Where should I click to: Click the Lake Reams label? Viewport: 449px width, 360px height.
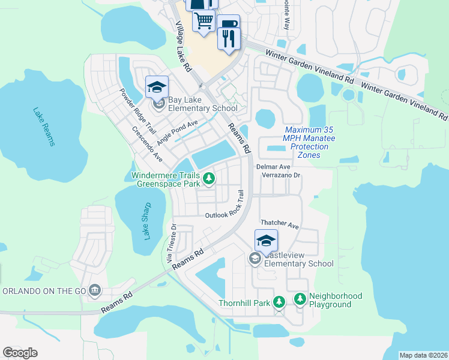tap(44, 127)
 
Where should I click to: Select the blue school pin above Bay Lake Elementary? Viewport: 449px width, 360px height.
tap(157, 88)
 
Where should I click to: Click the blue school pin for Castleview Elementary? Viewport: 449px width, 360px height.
tap(266, 241)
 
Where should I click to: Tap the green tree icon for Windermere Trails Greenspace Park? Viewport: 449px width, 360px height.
tap(209, 178)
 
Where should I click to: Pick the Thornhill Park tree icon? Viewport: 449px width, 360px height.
tap(279, 302)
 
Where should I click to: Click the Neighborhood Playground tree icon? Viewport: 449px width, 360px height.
tap(300, 298)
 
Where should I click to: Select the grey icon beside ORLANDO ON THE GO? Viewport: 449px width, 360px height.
tap(94, 291)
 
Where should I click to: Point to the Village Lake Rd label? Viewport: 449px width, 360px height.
tap(183, 47)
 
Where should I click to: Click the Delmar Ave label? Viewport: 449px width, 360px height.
tap(273, 166)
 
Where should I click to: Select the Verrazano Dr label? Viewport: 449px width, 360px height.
tap(280, 175)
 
